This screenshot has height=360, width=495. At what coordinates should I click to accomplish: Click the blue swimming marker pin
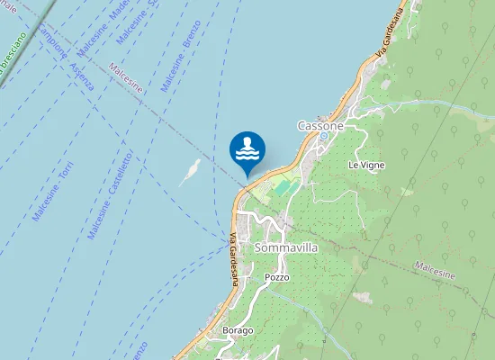click(x=247, y=151)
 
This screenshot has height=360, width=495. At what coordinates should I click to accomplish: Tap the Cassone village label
click(x=321, y=127)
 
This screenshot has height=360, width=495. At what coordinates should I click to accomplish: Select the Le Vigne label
click(x=366, y=166)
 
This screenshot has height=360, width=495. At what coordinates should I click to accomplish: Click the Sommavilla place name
click(x=286, y=247)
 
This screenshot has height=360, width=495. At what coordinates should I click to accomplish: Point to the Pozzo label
click(x=277, y=277)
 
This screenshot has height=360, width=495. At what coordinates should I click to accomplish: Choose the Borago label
click(x=238, y=330)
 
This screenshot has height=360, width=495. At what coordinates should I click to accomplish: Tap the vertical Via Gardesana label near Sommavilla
click(x=234, y=259)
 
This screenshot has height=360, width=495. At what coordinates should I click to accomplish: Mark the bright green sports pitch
click(x=284, y=188)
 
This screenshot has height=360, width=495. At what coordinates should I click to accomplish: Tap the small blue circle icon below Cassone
click(x=325, y=137)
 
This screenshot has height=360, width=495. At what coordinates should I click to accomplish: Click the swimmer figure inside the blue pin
click(x=247, y=147)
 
